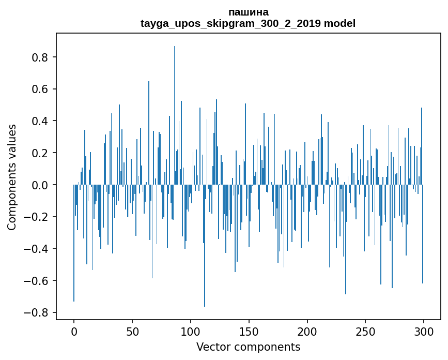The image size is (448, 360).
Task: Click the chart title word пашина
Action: (x=248, y=12)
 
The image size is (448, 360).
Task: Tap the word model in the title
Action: (x=339, y=23)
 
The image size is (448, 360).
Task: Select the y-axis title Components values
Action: (x=12, y=177)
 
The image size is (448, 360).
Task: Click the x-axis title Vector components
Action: (x=248, y=347)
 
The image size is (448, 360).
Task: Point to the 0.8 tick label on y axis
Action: (x=40, y=57)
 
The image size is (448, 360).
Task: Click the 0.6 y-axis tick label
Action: (x=40, y=89)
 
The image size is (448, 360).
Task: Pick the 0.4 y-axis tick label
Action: (x=40, y=121)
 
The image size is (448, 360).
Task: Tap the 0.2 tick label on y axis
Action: (x=40, y=153)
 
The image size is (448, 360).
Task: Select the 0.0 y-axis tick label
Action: (x=40, y=185)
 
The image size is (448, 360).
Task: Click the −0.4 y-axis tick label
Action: (x=36, y=249)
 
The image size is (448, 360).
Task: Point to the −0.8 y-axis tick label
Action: (x=36, y=312)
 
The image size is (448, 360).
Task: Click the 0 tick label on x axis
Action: (x=74, y=332)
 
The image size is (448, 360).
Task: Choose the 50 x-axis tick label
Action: (x=132, y=332)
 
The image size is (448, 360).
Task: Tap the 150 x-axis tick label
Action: (x=249, y=332)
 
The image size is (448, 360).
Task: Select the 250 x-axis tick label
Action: (x=365, y=332)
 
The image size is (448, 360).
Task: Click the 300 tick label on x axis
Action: (x=424, y=332)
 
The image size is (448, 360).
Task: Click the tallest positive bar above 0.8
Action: (x=174, y=115)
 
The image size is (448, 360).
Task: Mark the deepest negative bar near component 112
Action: (x=205, y=246)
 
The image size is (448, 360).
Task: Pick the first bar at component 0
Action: (x=74, y=243)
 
